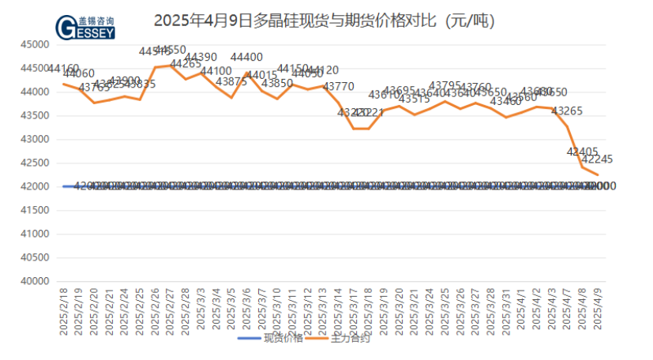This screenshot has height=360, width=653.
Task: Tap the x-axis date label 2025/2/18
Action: (x=64, y=311)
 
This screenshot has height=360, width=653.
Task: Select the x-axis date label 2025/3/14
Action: (x=340, y=311)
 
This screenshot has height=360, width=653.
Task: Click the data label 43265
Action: (x=567, y=111)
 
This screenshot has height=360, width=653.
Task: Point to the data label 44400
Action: (x=246, y=57)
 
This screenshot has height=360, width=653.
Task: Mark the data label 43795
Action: (x=445, y=85)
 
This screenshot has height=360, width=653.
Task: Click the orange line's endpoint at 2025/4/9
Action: (x=598, y=175)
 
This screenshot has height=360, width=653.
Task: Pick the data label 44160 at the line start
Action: (x=63, y=69)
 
